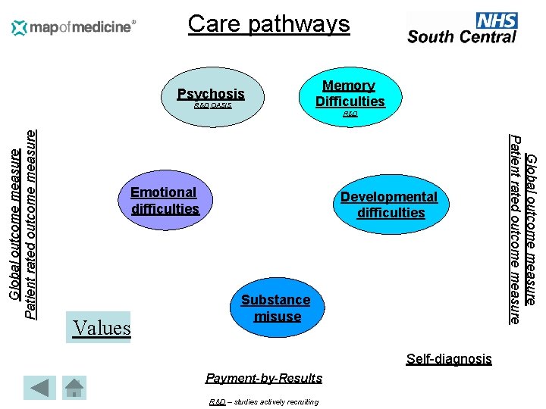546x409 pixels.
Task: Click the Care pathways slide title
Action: pyautogui.click(x=268, y=24)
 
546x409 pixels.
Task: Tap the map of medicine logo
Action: pyautogui.click(x=74, y=27)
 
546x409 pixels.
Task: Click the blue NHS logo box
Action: pyautogui.click(x=497, y=20)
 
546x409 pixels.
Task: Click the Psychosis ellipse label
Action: pyautogui.click(x=211, y=94)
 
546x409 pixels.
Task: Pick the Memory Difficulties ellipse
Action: pyautogui.click(x=350, y=95)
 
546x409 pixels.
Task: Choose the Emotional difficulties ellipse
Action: pyautogui.click(x=165, y=201)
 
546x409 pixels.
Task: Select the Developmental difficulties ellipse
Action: pyautogui.click(x=389, y=204)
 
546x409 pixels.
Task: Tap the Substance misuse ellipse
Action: pyautogui.click(x=276, y=308)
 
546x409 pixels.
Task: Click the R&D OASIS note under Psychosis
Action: pyautogui.click(x=213, y=107)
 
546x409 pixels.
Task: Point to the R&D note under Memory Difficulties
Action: pyautogui.click(x=350, y=114)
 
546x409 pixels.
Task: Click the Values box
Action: pyautogui.click(x=100, y=328)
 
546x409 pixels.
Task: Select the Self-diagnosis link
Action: pyautogui.click(x=449, y=359)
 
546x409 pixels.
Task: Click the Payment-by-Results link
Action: pyautogui.click(x=264, y=378)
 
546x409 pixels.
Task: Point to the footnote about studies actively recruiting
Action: pyautogui.click(x=264, y=401)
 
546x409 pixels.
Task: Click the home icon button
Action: pyautogui.click(x=74, y=388)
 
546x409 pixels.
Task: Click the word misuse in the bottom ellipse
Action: pyautogui.click(x=278, y=317)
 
